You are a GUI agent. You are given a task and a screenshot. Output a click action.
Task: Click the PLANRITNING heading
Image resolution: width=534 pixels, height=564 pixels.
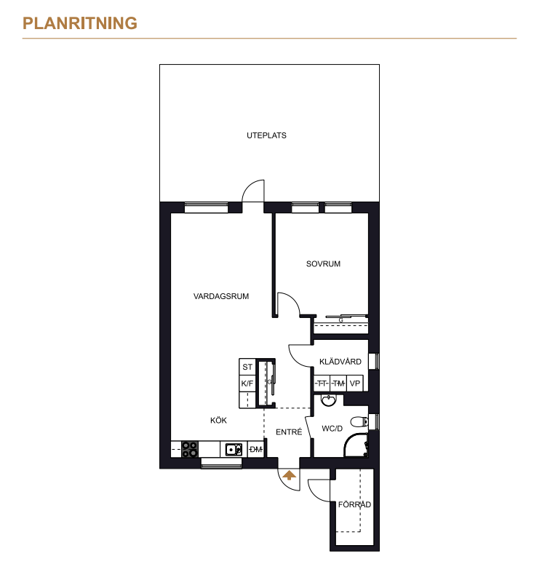click(x=80, y=23)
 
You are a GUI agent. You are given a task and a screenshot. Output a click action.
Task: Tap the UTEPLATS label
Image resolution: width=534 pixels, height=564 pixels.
click(x=266, y=135)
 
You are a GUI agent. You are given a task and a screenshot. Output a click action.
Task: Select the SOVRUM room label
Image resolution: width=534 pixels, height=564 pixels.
click(x=323, y=264)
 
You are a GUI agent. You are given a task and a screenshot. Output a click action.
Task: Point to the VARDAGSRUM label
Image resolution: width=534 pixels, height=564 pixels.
click(x=221, y=296)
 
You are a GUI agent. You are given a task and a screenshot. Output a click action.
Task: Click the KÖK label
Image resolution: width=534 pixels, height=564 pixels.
click(x=219, y=420)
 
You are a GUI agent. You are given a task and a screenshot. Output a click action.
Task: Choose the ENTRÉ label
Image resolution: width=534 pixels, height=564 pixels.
click(x=289, y=432)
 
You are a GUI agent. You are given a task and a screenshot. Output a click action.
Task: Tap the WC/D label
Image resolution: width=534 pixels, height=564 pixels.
click(x=332, y=429)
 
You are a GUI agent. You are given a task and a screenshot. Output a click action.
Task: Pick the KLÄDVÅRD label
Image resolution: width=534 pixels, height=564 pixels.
click(x=340, y=361)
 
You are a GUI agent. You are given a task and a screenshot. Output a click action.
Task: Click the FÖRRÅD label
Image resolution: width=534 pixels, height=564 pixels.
click(x=354, y=504)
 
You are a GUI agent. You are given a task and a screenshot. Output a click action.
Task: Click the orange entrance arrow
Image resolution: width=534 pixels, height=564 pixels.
click(x=289, y=475)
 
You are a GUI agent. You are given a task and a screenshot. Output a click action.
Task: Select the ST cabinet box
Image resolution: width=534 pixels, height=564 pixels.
click(x=247, y=367)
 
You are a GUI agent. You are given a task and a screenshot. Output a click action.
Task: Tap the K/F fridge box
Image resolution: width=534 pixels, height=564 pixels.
click(x=247, y=384)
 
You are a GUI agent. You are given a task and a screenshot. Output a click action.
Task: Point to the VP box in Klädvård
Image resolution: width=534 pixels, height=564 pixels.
click(x=355, y=384)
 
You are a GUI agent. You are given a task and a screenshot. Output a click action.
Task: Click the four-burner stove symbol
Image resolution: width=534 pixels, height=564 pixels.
click(x=189, y=450)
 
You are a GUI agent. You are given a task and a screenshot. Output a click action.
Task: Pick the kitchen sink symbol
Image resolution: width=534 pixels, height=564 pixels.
click(x=234, y=450)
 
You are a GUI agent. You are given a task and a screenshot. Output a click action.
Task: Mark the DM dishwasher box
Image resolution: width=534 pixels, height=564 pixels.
click(x=255, y=450)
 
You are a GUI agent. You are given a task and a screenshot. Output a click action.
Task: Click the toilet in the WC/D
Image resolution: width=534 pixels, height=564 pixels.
click(x=359, y=421)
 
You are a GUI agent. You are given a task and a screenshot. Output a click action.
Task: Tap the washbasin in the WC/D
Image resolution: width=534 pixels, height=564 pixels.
click(x=328, y=400)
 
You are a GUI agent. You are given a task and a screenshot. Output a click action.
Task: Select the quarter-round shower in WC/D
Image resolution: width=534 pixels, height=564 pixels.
click(x=356, y=445)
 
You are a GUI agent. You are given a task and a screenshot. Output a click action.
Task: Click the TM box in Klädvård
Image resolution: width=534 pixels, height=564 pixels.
click(x=338, y=384)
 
